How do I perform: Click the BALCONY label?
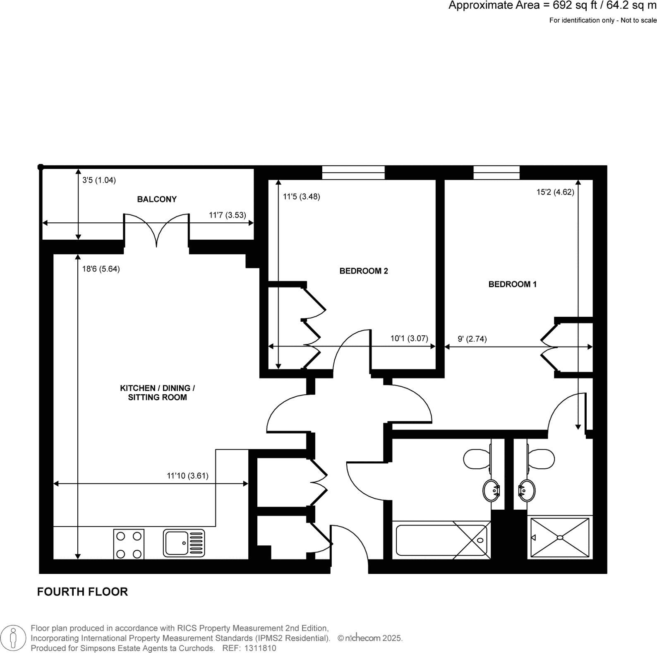(x=157, y=199)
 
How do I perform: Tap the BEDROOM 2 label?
(x=363, y=271)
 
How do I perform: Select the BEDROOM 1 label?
(x=512, y=284)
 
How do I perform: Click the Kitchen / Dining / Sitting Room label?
(x=157, y=393)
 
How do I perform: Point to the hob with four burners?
(x=129, y=544)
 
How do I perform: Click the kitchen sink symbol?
(x=184, y=543)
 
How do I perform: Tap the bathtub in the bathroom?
(x=441, y=540)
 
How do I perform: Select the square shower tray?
(x=560, y=537)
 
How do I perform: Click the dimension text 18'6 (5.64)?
(x=101, y=269)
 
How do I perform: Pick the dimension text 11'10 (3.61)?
(x=187, y=476)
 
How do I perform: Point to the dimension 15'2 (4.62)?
(x=555, y=192)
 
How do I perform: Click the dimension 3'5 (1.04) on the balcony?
(x=99, y=180)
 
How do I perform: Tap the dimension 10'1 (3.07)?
(x=409, y=339)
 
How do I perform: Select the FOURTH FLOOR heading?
(x=82, y=592)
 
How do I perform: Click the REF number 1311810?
(x=261, y=648)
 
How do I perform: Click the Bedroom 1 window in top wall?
(x=496, y=172)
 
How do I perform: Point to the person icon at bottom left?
(x=13, y=638)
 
